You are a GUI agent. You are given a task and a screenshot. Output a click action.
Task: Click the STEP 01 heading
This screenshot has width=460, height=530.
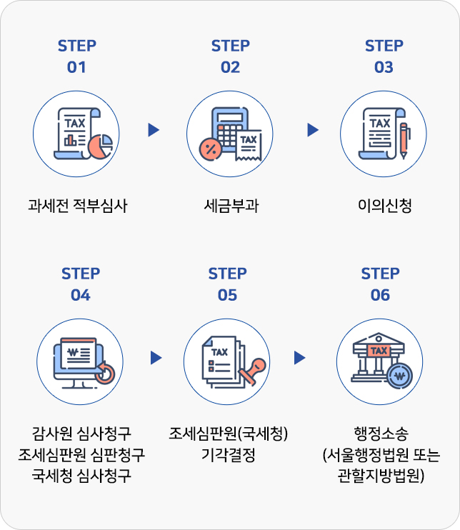point(77,56)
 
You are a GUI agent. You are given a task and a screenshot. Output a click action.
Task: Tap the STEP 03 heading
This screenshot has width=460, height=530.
point(384,56)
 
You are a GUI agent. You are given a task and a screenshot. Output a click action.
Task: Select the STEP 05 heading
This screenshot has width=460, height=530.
point(227,284)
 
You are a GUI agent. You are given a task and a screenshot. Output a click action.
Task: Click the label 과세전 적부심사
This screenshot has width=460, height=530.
point(77,207)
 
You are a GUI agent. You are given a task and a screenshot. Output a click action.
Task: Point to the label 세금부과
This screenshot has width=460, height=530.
point(231,207)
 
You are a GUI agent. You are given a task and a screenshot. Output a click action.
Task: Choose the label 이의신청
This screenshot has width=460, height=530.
point(384,207)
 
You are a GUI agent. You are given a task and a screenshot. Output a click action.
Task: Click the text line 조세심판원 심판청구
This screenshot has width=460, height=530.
point(81,455)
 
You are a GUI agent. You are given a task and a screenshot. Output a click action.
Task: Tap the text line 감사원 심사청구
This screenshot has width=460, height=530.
point(81,434)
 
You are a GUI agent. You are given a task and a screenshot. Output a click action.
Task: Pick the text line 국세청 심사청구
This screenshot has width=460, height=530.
point(81,476)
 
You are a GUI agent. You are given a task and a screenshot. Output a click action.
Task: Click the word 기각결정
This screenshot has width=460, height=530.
point(228,455)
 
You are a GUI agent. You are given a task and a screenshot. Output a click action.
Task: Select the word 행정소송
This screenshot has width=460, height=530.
point(381,434)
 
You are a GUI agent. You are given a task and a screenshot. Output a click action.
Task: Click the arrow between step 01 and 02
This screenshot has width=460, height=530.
point(154,130)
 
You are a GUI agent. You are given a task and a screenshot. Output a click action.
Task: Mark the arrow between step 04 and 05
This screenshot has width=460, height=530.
point(156,358)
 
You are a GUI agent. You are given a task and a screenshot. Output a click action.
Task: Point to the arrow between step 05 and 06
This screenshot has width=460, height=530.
point(300,358)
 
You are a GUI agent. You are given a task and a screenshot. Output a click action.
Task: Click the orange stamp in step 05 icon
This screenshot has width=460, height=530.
point(254,371)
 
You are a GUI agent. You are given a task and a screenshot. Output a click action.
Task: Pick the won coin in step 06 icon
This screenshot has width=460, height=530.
point(399,376)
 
